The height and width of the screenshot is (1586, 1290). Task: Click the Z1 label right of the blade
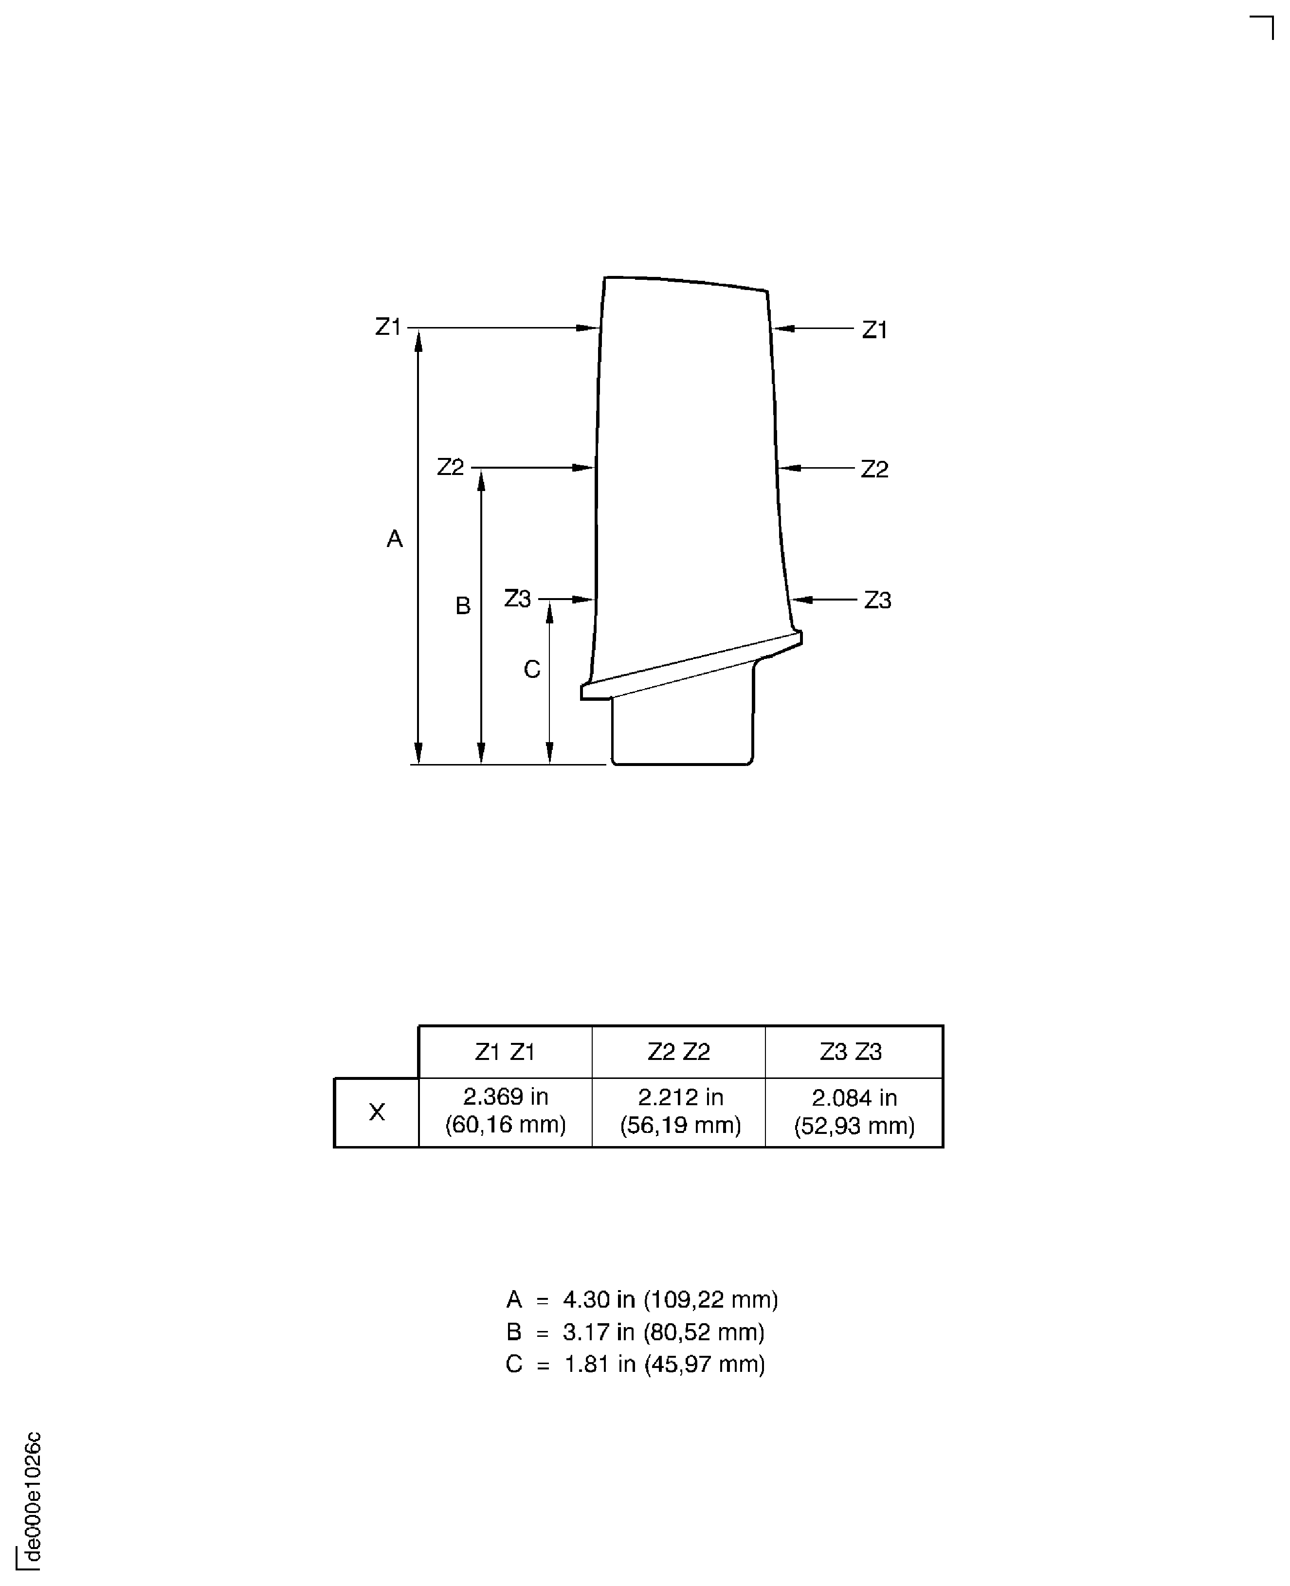[x=874, y=329]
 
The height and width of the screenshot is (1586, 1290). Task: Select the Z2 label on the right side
[x=874, y=469]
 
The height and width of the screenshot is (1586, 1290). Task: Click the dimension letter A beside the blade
[x=395, y=538]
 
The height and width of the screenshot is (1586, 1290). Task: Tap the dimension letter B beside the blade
[x=462, y=606]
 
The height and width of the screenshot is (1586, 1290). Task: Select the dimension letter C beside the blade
[x=532, y=670]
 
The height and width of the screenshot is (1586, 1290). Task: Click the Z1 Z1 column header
[x=505, y=1052]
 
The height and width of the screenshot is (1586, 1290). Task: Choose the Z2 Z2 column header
[x=678, y=1052]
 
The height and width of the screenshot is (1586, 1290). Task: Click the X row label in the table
[x=377, y=1112]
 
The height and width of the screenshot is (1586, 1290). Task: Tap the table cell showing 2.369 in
[x=505, y=1111]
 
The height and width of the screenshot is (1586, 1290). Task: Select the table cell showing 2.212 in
[x=680, y=1111]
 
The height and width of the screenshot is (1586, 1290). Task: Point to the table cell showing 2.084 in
[x=854, y=1112]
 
